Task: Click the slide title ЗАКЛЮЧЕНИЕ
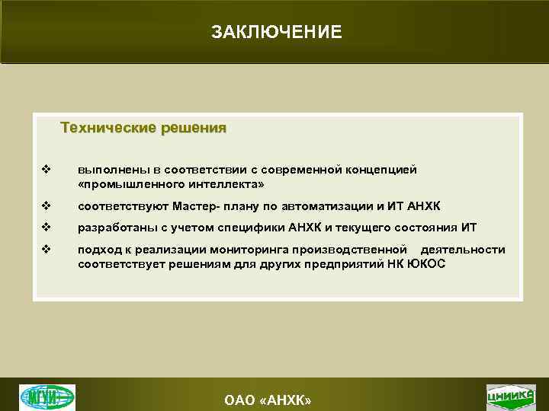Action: click(x=277, y=32)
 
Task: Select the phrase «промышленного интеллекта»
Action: click(x=171, y=184)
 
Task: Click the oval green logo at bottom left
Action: click(x=47, y=397)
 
